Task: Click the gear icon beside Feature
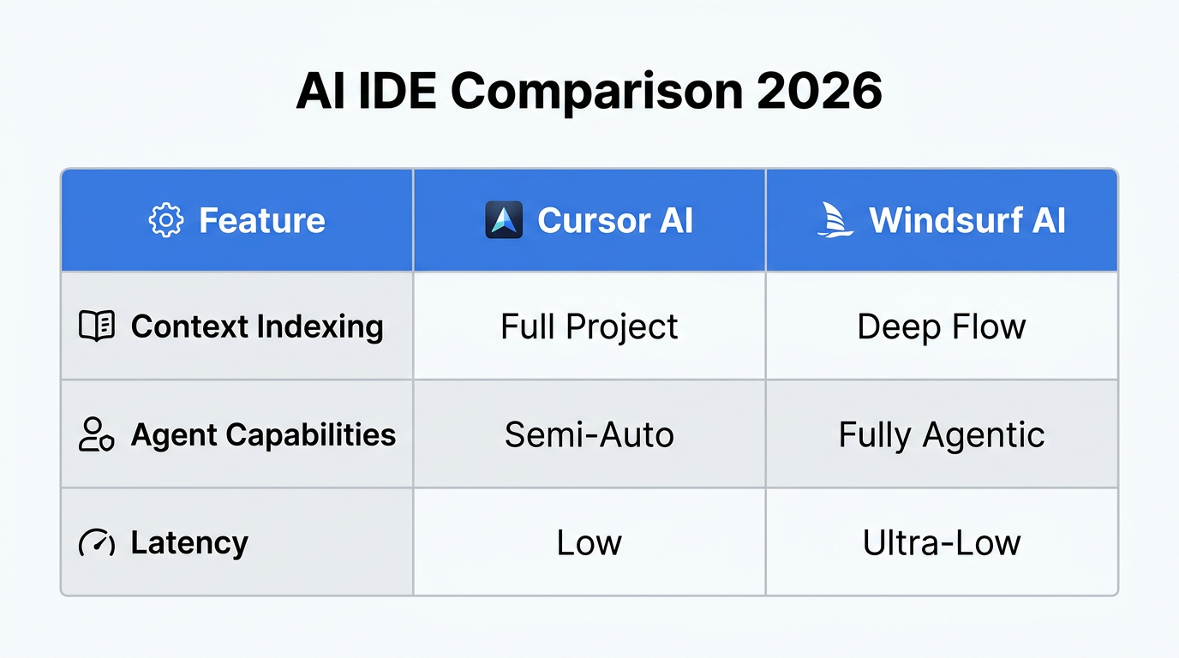165,220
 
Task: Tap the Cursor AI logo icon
503,220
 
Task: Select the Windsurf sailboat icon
835,220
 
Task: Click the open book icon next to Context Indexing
97,326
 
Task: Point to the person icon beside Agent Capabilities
96,434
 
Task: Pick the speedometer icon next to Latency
97,542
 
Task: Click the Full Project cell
589,326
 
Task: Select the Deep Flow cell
942,326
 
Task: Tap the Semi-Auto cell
589,434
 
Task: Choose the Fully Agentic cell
942,434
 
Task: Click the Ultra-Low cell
942,542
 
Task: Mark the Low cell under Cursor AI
589,542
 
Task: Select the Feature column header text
262,220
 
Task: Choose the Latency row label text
189,542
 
